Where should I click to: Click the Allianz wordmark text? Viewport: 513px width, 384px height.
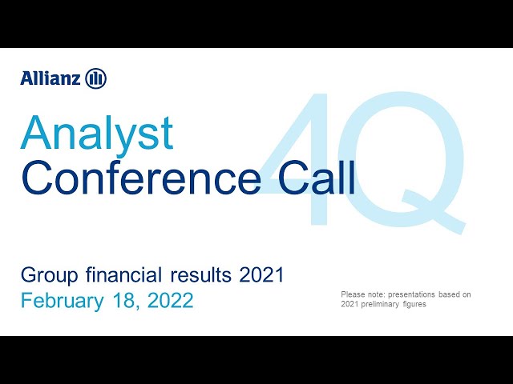tap(50, 78)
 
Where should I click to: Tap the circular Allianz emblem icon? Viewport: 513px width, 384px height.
tap(96, 78)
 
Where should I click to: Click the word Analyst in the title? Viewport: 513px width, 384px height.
tap(96, 134)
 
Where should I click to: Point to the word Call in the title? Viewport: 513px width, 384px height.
tap(317, 178)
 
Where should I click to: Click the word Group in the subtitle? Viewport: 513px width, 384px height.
tap(50, 276)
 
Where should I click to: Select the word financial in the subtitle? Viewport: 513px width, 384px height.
tap(124, 274)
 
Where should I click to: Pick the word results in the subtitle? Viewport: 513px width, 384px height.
tap(201, 275)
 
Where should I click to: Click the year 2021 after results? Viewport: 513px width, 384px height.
tap(261, 275)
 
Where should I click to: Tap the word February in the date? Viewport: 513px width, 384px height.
tap(63, 302)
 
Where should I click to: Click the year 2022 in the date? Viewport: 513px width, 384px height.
tap(170, 301)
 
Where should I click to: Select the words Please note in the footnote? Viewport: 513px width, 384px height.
tap(363, 294)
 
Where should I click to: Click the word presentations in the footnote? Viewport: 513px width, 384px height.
tap(411, 295)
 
